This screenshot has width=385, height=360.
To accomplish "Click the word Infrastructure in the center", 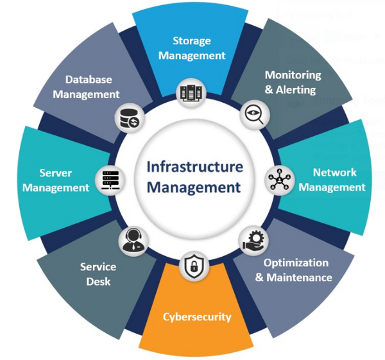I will (195, 167).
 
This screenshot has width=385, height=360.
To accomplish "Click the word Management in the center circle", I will (195, 188).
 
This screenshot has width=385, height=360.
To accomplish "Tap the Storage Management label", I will (192, 48).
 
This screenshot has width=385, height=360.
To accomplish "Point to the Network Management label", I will (332, 180).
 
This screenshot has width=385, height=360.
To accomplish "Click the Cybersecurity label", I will (197, 316).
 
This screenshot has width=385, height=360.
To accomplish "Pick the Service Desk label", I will (98, 273).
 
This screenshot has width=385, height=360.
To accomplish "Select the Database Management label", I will (87, 87).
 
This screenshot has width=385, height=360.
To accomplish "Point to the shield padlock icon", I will (193, 268).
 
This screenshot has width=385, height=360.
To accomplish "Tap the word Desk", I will (98, 281).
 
